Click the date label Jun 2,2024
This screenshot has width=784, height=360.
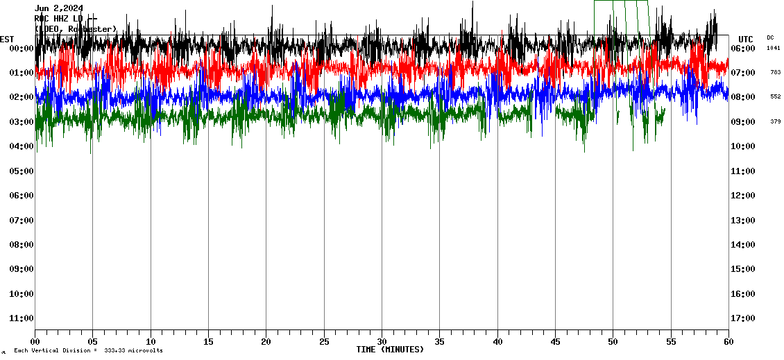(58, 8)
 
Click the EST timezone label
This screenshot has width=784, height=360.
(7, 39)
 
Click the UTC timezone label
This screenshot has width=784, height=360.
(746, 39)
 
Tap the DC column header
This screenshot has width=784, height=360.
(770, 37)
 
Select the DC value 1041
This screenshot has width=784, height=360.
(774, 48)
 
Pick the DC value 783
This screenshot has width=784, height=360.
(775, 72)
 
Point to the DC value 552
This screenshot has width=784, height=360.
(775, 96)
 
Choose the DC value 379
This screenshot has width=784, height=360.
(775, 121)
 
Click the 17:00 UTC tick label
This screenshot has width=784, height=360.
(747, 318)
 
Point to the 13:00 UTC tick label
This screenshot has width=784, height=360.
(747, 221)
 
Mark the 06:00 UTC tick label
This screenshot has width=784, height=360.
(747, 49)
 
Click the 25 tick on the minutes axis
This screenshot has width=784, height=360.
(324, 342)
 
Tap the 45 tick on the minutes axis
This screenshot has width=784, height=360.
(555, 342)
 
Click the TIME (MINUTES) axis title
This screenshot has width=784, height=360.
(390, 350)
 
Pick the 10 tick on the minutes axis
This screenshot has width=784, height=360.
(151, 342)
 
